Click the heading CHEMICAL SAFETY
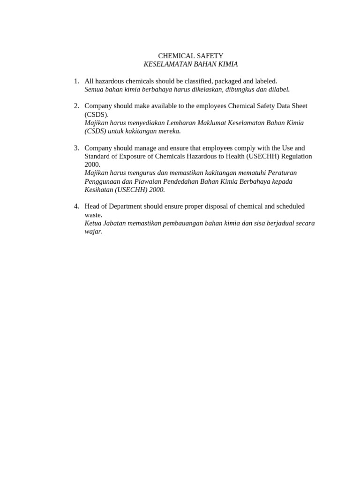point(190,56)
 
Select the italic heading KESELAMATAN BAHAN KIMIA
point(190,64)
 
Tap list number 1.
point(76,81)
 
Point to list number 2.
point(76,106)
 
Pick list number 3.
point(76,148)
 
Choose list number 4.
point(76,206)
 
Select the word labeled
point(264,81)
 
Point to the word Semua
point(94,90)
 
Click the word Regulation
point(295,156)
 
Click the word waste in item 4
point(92,215)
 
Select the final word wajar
point(93,232)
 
